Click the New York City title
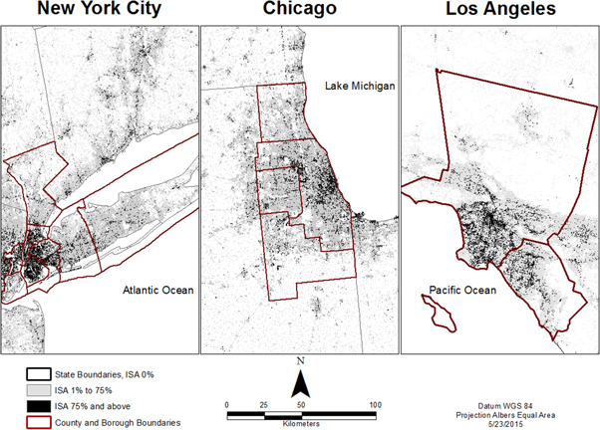click(98, 10)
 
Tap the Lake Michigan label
click(360, 87)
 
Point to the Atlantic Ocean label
click(157, 291)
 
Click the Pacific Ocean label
click(461, 291)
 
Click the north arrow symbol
click(300, 383)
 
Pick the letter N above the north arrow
click(300, 360)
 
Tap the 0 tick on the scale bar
click(227, 404)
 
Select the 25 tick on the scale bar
click(264, 404)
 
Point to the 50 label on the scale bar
click(301, 404)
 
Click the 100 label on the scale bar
click(375, 404)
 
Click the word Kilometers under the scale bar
click(301, 423)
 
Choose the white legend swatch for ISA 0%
click(38, 373)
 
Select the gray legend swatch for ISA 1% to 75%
click(38, 390)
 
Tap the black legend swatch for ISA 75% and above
click(38, 407)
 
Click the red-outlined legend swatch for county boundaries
click(38, 423)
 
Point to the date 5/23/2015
click(497, 423)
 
